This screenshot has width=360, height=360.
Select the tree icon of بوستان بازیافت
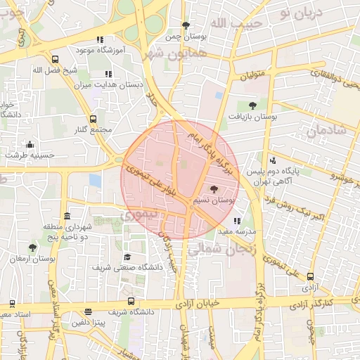tap(252, 105)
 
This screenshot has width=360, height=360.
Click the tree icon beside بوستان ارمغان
tap(32, 247)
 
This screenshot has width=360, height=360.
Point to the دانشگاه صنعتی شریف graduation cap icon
tap(127, 257)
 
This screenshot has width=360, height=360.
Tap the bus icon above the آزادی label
tap(310, 276)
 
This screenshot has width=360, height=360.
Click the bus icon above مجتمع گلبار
tap(94, 119)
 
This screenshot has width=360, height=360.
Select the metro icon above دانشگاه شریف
tap(88, 311)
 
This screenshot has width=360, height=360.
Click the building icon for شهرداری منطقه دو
tap(67, 216)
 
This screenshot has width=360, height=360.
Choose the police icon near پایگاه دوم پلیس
tap(274, 161)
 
